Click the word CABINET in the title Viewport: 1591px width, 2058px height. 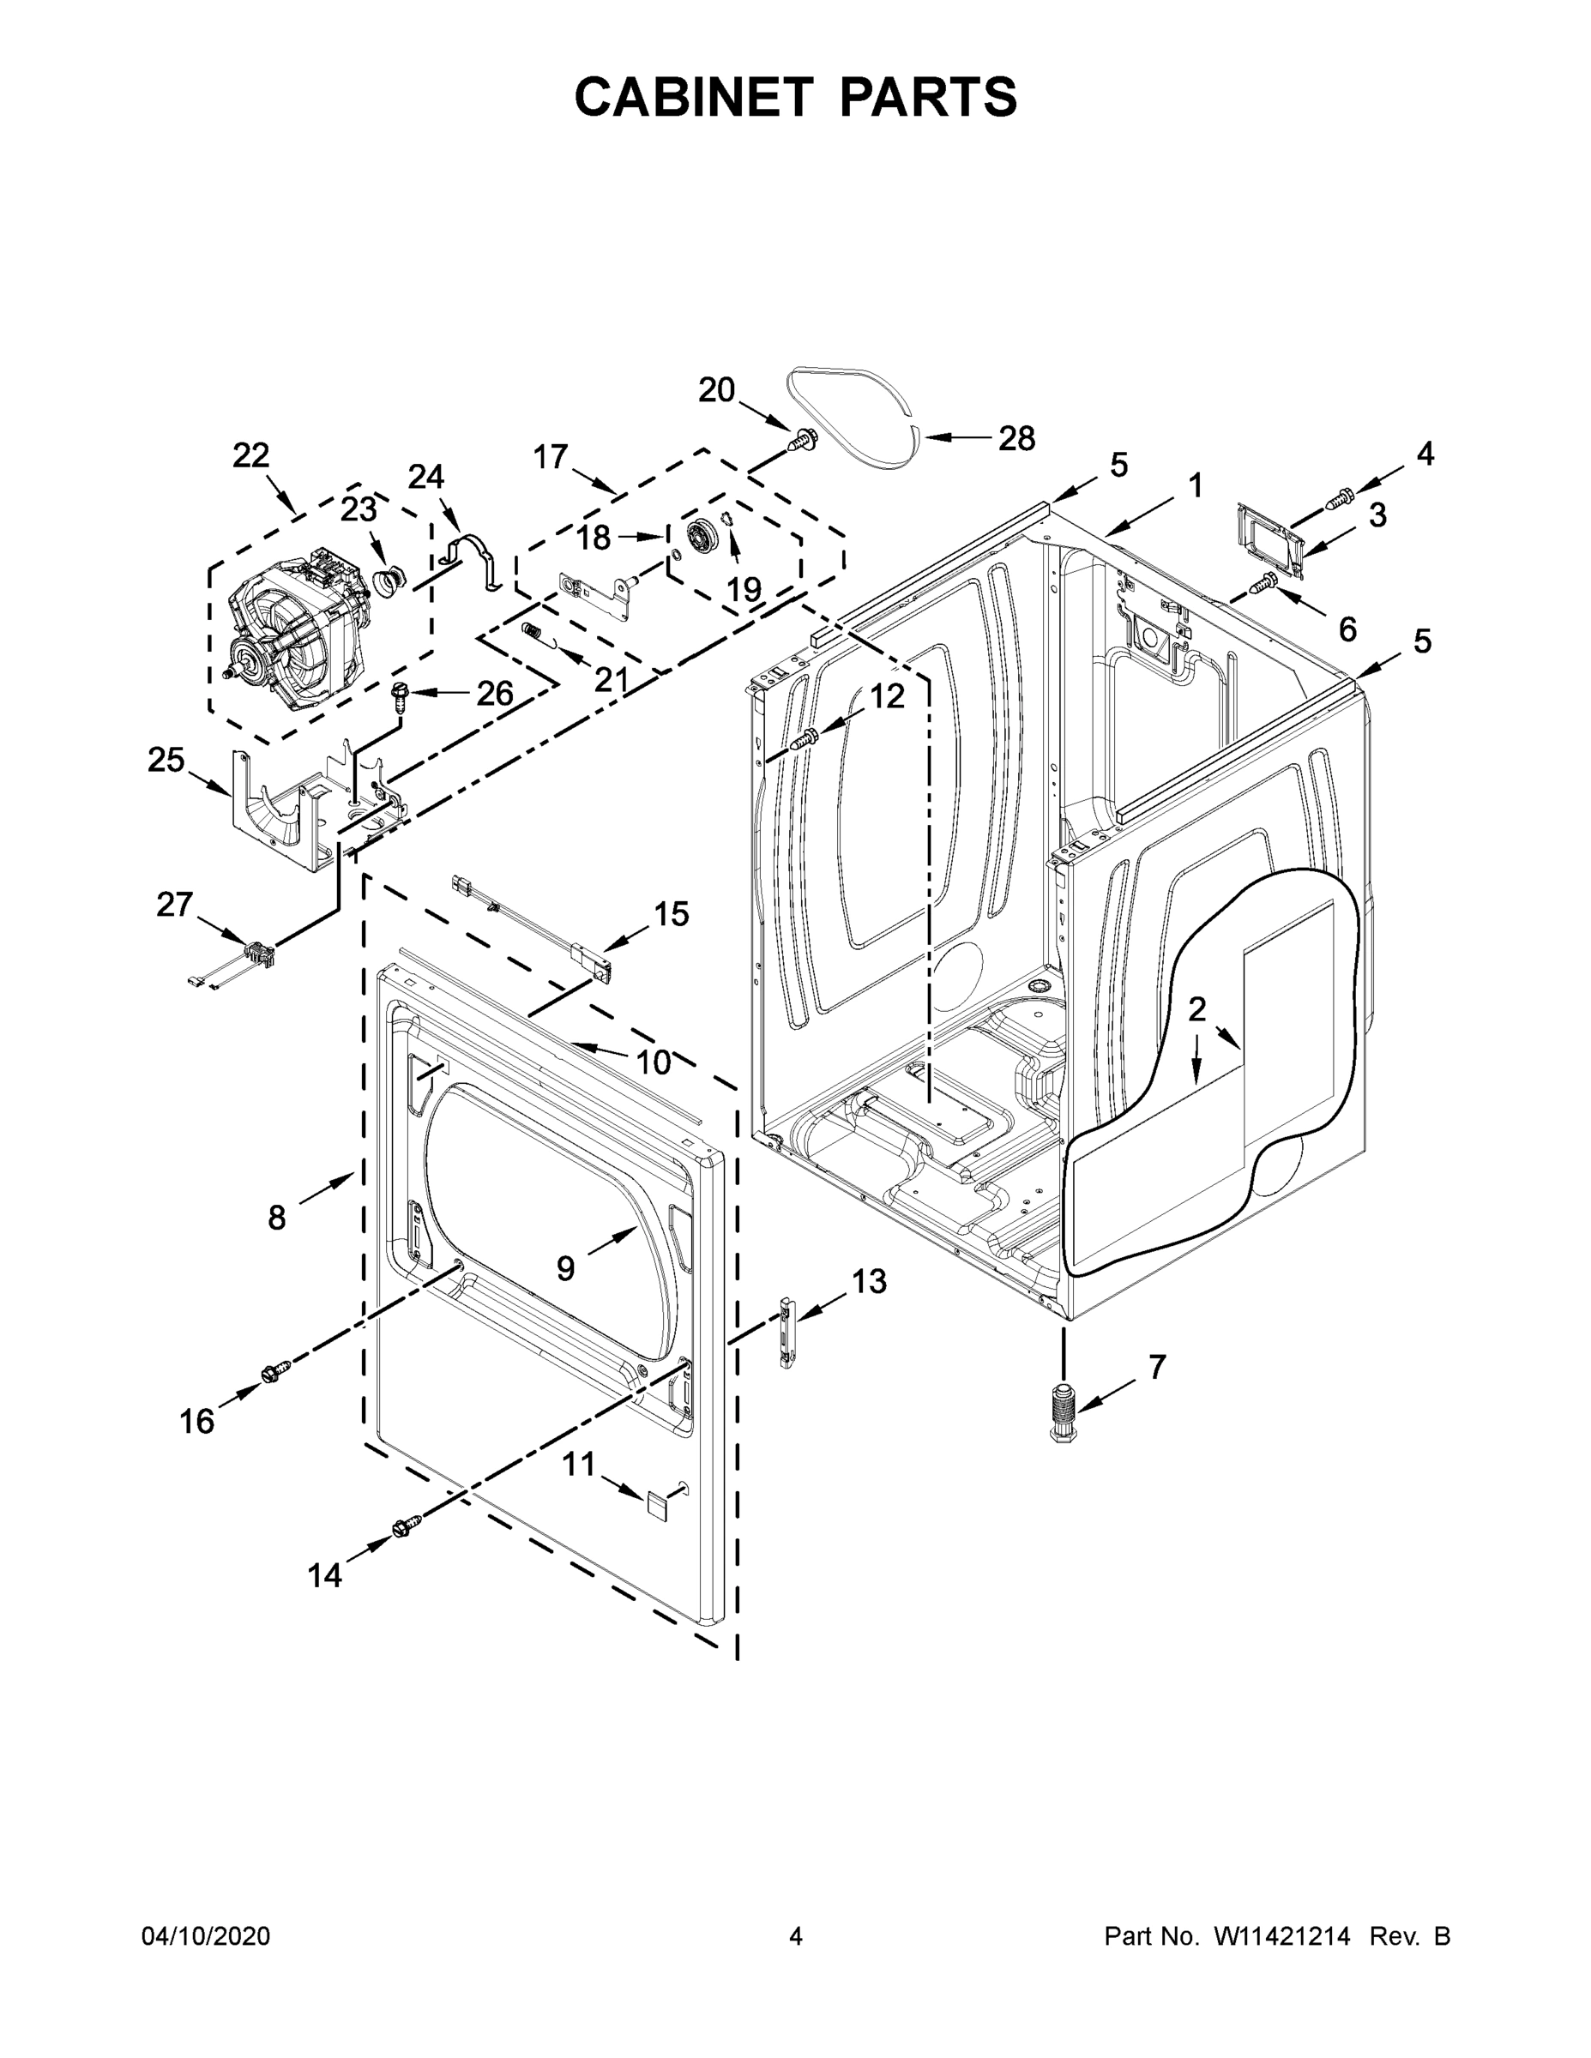(694, 97)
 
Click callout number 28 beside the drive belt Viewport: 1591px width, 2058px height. (1016, 438)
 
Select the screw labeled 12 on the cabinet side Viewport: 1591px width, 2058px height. (803, 742)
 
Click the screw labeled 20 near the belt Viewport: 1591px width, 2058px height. (803, 438)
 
